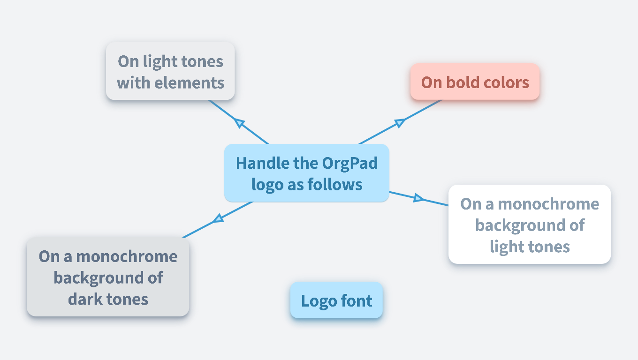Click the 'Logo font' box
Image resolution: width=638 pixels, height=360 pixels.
(x=336, y=300)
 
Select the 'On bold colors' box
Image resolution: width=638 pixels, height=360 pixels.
(x=475, y=82)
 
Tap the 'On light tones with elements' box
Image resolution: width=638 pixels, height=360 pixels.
(x=170, y=71)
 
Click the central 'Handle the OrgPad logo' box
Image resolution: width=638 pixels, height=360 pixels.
(x=307, y=173)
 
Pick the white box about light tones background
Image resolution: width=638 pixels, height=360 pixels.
(x=530, y=225)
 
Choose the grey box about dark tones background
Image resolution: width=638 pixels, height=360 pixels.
(x=108, y=277)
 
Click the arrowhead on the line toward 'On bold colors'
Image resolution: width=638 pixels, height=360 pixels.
(x=400, y=123)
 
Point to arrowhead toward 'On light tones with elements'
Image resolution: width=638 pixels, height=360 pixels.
(x=239, y=123)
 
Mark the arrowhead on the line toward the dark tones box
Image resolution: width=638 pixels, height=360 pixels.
(x=218, y=218)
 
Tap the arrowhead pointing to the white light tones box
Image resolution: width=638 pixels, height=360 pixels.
(x=418, y=198)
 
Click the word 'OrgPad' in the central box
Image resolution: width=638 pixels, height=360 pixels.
(x=349, y=163)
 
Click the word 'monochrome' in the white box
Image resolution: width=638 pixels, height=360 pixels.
(x=548, y=204)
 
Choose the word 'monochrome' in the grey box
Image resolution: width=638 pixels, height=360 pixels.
(x=127, y=256)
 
